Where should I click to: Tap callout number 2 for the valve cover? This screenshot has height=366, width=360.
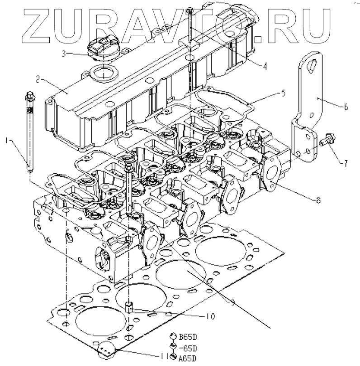[x=39, y=80]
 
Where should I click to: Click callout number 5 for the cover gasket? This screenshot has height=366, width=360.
[x=283, y=94]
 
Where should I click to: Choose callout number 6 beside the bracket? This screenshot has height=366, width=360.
[x=346, y=107]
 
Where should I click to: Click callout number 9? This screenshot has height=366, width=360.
[x=232, y=303]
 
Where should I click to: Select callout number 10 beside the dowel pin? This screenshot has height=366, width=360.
[x=211, y=316]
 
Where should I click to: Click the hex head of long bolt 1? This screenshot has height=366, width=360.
[x=30, y=96]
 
